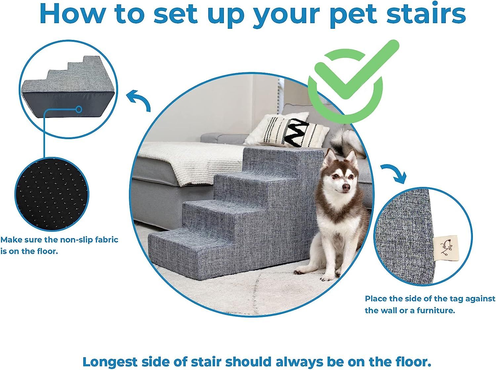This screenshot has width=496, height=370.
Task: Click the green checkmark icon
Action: click(x=351, y=79)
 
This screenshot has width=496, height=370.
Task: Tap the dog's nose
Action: click(x=346, y=187)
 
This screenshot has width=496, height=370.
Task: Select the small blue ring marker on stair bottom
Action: click(x=79, y=109)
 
